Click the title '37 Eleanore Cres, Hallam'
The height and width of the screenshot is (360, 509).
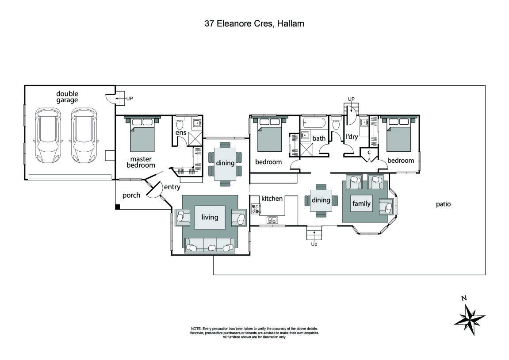pos(254,24)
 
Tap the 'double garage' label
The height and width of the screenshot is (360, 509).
pos(67,97)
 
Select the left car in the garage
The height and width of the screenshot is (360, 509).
pos(47,135)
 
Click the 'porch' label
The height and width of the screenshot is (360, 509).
pos(131,195)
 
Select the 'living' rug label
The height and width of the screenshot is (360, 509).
pos(210,217)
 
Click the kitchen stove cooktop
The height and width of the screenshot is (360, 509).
pos(255,208)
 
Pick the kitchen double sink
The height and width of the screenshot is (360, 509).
pos(272,220)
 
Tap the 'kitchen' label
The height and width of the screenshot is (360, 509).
pos(272,199)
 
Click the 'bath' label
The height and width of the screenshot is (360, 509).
pos(319,138)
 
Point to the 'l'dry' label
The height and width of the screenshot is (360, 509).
pos(352,137)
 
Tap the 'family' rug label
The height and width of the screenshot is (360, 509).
pos(361,203)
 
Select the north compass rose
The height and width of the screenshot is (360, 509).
pos(470,318)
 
